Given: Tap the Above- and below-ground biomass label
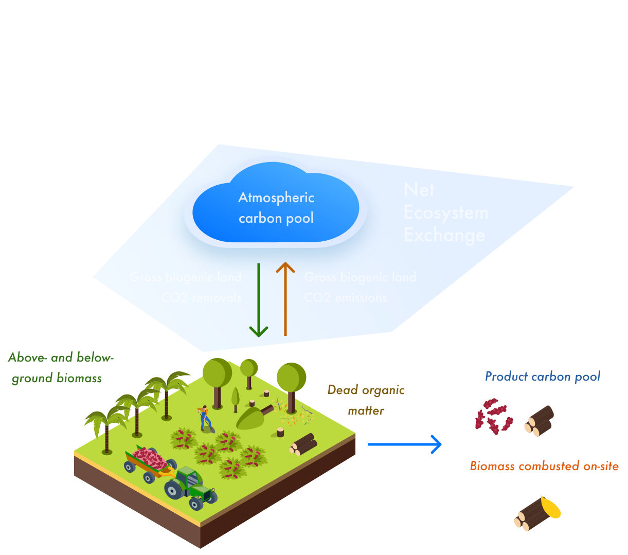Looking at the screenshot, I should click(x=60, y=367).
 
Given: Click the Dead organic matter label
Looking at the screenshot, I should click(x=366, y=400).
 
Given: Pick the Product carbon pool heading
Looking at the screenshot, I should click(x=543, y=377).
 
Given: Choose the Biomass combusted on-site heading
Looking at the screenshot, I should click(x=544, y=466).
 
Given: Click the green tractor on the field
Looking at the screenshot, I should click(x=190, y=487).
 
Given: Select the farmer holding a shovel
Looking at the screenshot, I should click(x=204, y=418).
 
